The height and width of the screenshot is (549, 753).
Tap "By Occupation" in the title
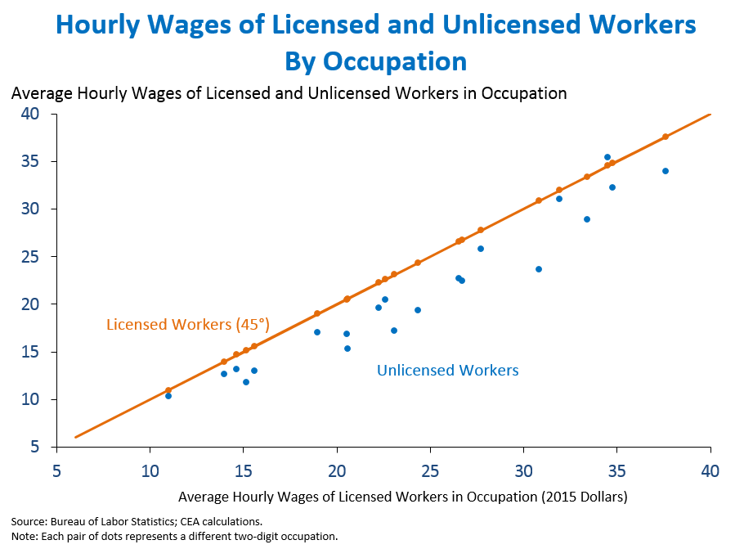[x=376, y=61]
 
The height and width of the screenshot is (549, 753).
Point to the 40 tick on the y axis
[x=30, y=114]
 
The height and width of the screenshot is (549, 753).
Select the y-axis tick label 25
[x=30, y=257]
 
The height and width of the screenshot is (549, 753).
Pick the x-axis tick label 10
[x=150, y=471]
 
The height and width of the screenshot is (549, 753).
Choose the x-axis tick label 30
[x=524, y=471]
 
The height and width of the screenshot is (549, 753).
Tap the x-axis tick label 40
[x=710, y=471]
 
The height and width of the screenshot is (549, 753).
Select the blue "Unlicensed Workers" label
[x=447, y=371]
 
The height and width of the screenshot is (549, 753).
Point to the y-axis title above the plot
[x=289, y=92]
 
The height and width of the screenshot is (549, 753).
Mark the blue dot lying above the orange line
[x=607, y=157]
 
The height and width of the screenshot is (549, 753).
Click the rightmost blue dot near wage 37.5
[x=666, y=171]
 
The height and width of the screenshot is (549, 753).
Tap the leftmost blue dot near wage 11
[x=168, y=396]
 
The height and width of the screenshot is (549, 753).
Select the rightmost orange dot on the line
[x=666, y=137]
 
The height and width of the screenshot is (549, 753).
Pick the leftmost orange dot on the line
[x=168, y=390]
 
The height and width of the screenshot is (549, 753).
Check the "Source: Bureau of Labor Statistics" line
[x=137, y=521]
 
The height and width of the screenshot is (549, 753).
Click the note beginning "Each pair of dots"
[x=174, y=537]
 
